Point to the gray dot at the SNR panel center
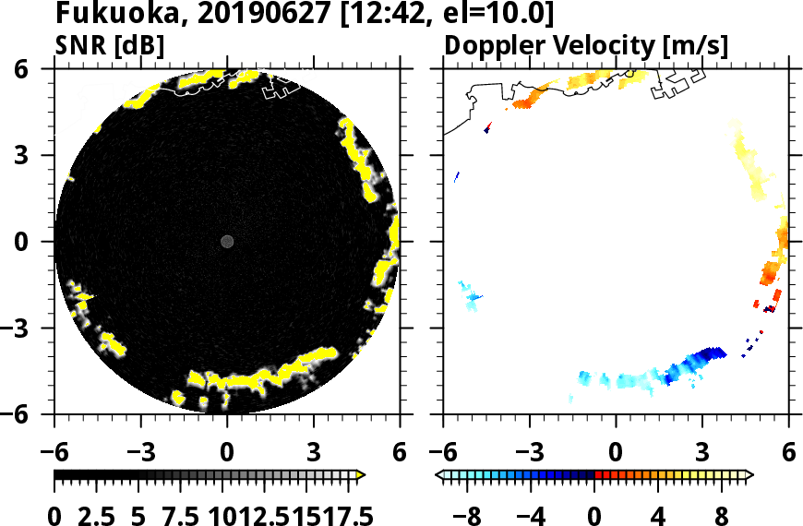[x=227, y=242]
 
